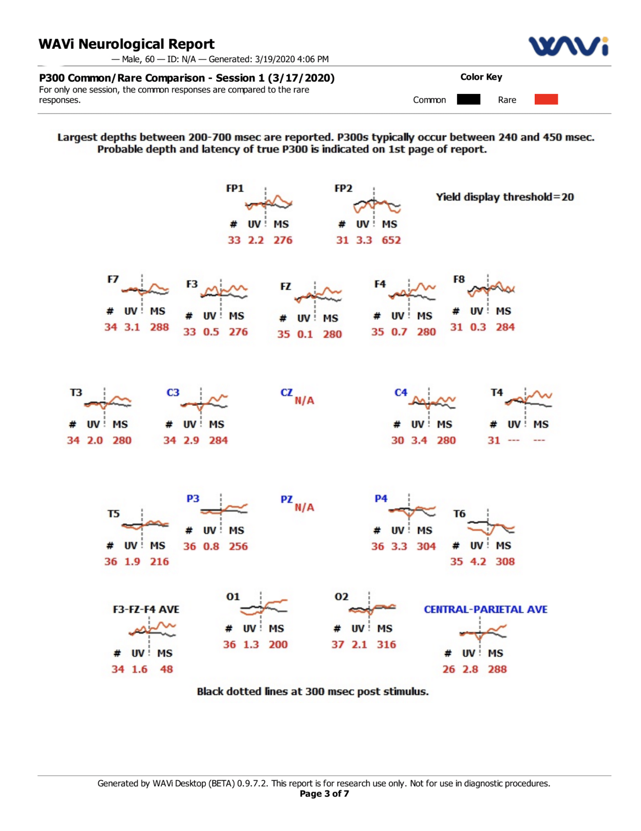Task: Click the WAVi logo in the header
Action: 569,46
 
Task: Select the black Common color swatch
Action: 468,100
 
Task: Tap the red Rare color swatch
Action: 545,100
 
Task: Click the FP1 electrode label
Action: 235,188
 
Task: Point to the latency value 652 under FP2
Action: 391,240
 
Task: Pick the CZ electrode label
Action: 286,392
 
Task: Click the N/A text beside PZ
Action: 304,507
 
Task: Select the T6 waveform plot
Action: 491,526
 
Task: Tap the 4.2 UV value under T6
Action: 478,561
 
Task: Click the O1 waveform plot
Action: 263,607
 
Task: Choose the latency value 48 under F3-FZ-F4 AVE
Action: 166,669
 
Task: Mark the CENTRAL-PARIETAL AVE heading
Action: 485,609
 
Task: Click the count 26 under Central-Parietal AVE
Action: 448,669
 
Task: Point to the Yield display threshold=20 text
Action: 504,197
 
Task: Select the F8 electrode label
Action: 459,279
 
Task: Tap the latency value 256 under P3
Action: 238,546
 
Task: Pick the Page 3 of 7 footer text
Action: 324,794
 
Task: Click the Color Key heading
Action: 481,77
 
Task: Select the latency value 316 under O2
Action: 386,645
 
